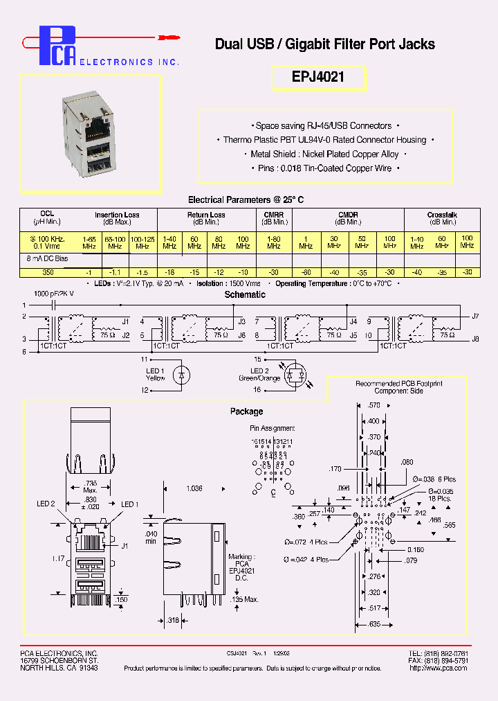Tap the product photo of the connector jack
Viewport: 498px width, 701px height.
click(89, 134)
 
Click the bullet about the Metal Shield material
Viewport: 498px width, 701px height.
click(325, 154)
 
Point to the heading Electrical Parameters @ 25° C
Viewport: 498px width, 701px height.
click(246, 199)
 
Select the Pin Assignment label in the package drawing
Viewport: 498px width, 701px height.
click(273, 428)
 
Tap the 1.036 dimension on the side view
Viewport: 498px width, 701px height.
click(194, 488)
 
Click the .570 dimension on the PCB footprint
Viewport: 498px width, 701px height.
click(374, 405)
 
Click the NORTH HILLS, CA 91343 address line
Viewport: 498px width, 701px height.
click(59, 668)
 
